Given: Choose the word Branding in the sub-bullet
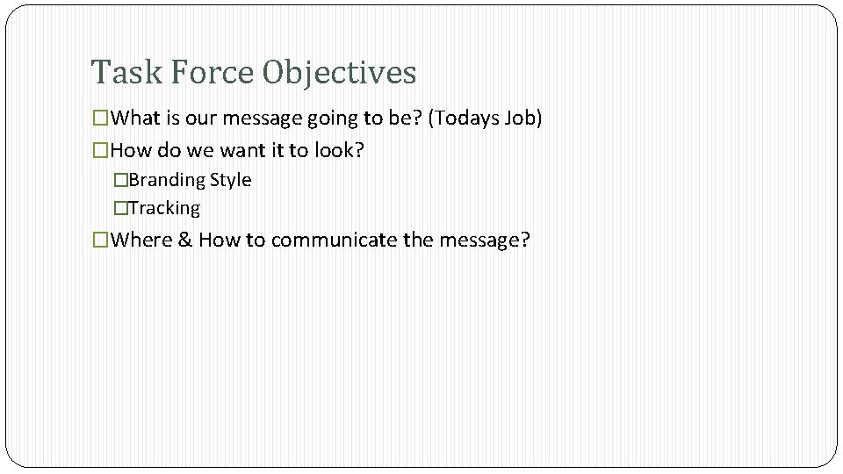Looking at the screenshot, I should coord(168,180).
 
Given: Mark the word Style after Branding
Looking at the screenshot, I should coord(231,180).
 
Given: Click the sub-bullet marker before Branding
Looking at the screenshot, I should coord(121,180).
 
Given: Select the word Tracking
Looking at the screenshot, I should coord(164,208).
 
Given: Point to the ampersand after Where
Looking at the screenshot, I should coord(185,240).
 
